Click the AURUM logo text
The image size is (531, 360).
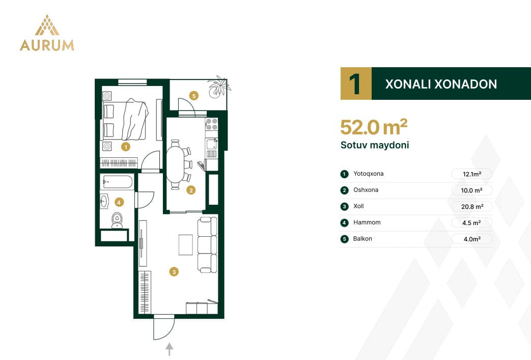tap(47, 45)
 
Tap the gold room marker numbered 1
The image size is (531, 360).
tap(126, 147)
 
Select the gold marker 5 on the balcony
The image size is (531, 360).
tap(194, 96)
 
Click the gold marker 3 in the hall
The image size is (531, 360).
tap(174, 271)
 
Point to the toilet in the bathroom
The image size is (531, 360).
tap(117, 220)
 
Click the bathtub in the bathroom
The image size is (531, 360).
tap(117, 182)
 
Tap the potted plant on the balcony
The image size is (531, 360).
tap(219, 87)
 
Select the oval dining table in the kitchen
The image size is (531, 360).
tap(175, 165)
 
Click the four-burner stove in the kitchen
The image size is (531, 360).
tap(212, 124)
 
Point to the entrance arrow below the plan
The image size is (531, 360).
tap(170, 349)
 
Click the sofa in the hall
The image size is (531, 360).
tap(207, 244)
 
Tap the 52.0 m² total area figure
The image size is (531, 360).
tap(374, 127)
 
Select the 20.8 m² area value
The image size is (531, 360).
tap(472, 207)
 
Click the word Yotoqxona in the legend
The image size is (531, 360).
tap(369, 174)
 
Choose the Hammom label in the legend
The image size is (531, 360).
tap(367, 223)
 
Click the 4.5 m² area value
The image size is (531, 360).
tap(471, 223)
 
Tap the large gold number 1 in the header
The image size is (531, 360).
tap(355, 84)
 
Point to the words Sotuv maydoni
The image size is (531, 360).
tap(375, 145)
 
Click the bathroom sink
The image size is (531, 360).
tap(104, 202)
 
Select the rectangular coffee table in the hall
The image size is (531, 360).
tap(186, 245)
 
